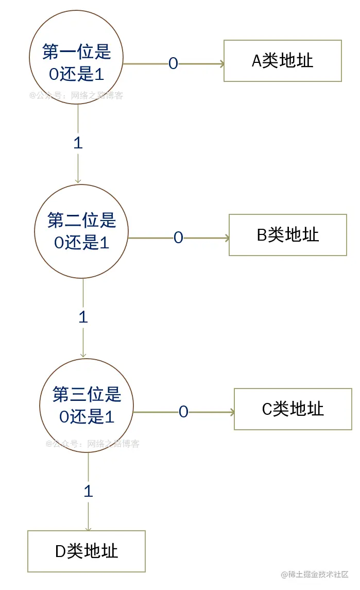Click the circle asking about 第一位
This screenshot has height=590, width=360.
(77, 63)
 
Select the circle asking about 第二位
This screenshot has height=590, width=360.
(82, 231)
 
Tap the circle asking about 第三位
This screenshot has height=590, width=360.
(87, 406)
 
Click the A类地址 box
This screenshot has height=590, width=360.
(283, 61)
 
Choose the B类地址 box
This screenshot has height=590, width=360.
(288, 235)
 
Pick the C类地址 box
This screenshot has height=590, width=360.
(293, 409)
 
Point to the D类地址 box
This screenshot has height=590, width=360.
(87, 551)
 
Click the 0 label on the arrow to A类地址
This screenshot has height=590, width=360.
(173, 63)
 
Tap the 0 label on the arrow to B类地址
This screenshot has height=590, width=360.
(178, 238)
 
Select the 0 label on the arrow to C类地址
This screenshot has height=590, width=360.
(183, 412)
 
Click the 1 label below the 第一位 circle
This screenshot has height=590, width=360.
(78, 143)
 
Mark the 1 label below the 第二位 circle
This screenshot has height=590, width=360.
(83, 317)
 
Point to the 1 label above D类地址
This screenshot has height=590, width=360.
(88, 491)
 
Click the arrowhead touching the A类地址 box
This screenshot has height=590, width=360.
(222, 64)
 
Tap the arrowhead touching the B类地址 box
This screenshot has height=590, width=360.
(227, 238)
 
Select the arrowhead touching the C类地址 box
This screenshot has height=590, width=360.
(232, 412)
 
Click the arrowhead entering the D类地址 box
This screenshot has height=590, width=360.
(88, 528)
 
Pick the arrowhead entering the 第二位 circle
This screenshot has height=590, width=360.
(78, 180)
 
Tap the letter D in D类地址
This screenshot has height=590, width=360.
(60, 552)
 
